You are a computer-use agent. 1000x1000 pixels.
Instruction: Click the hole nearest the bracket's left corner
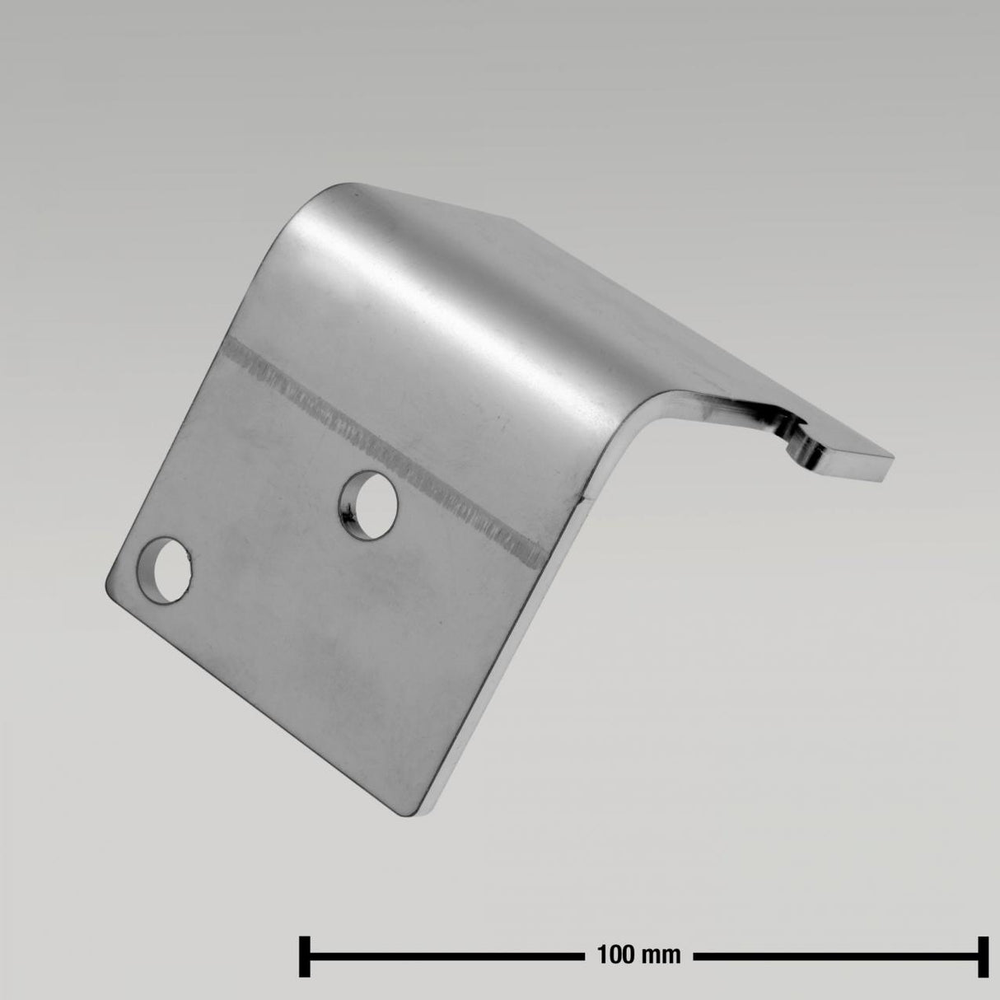pyautogui.click(x=166, y=569)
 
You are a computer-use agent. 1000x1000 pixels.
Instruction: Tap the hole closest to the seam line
pyautogui.click(x=367, y=503)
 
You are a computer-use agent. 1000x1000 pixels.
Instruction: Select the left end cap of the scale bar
pyautogui.click(x=304, y=956)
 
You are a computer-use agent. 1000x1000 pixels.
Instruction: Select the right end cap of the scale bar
pyautogui.click(x=983, y=956)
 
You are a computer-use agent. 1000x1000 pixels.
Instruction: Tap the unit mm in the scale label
pyautogui.click(x=663, y=956)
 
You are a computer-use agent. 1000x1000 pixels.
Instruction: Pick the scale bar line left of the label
pyautogui.click(x=445, y=956)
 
